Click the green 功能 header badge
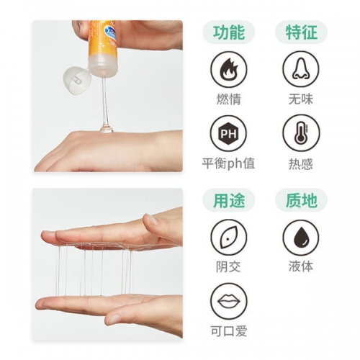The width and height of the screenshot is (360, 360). (x=228, y=32)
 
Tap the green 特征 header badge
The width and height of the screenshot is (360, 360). (x=299, y=32)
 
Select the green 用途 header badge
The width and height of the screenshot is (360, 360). (x=228, y=200)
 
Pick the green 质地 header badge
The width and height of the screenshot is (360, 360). (x=299, y=200)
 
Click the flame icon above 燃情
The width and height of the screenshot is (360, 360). (x=228, y=71)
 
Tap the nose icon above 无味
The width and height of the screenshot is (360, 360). (x=299, y=71)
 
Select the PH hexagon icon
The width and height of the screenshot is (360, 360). (x=228, y=135)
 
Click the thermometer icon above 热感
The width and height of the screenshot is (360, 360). (x=299, y=135)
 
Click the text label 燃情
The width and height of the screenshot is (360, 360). (x=228, y=99)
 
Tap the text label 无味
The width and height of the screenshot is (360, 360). (x=299, y=99)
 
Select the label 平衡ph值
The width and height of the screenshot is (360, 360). (x=228, y=164)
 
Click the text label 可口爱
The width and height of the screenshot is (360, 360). (x=228, y=330)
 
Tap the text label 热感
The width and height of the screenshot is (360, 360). (x=299, y=164)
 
